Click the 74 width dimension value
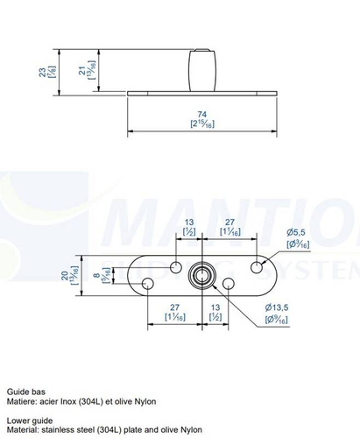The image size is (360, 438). click(202, 114)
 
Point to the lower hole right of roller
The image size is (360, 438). click(229, 284)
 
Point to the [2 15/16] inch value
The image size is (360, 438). click(202, 124)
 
